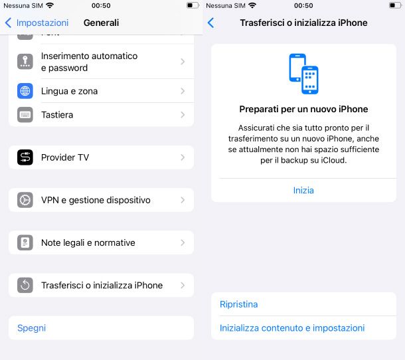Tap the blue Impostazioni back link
coord(42,23)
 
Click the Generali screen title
coord(101,23)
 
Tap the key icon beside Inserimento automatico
coord(25,62)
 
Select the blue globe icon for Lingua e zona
coord(25,91)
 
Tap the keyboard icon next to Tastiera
coord(25,115)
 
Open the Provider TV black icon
coord(25,157)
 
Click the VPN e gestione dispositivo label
coord(96,200)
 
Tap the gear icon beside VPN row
coord(25,200)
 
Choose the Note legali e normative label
coord(88,242)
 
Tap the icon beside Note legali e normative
coord(25,242)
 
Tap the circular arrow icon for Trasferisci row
coord(25,286)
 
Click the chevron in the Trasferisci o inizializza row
coord(183,286)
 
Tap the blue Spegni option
coord(31,328)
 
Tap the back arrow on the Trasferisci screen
coord(210,23)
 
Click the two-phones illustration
coord(303,74)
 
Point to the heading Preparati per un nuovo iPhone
coord(303,109)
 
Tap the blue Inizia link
coord(303,191)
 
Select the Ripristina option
coord(238,304)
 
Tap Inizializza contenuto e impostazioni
coord(292,328)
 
